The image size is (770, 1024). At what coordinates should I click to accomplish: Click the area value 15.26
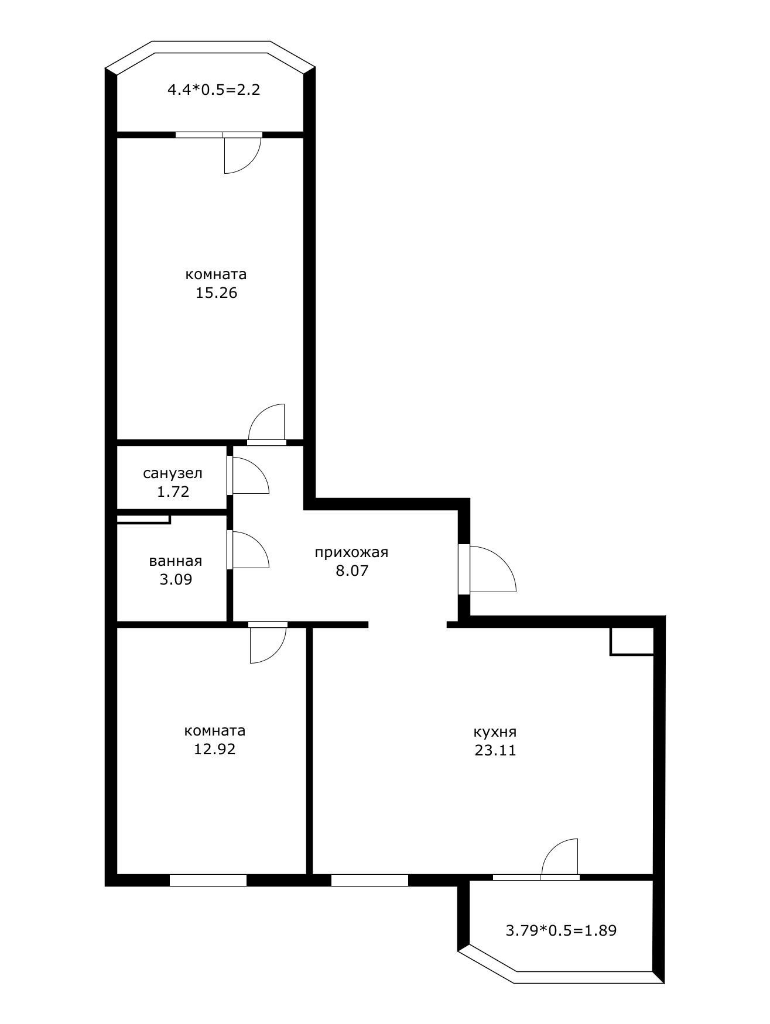[216, 293]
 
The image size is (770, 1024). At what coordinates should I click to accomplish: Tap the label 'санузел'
[173, 473]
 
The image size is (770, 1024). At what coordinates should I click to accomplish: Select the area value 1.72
[173, 492]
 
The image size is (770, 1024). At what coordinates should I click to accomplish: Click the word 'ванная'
[176, 561]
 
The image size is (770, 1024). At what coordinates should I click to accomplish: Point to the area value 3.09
[176, 580]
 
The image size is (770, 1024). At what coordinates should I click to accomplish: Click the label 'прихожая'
[351, 552]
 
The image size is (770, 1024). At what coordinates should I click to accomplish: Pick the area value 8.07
[351, 571]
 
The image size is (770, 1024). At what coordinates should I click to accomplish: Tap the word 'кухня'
[495, 732]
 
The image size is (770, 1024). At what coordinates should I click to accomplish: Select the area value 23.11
[495, 751]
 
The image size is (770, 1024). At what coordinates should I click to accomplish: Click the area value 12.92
[214, 749]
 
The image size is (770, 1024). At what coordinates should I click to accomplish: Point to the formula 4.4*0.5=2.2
[214, 90]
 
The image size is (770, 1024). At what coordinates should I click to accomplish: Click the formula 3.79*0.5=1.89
[561, 930]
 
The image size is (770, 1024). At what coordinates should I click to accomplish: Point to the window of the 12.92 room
[208, 880]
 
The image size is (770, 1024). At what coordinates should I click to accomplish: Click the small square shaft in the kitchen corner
[631, 641]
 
